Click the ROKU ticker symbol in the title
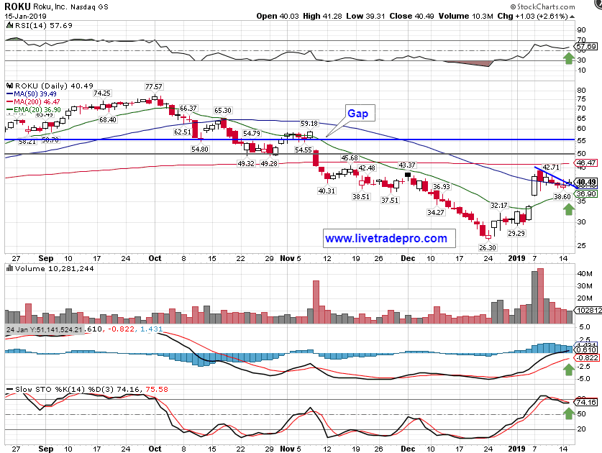[17, 6]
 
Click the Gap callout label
[357, 114]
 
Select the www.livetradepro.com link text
[386, 238]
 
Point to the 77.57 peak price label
[154, 86]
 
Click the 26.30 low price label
[488, 247]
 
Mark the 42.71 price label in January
[550, 167]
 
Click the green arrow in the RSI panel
[568, 58]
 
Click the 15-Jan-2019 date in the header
[23, 15]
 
